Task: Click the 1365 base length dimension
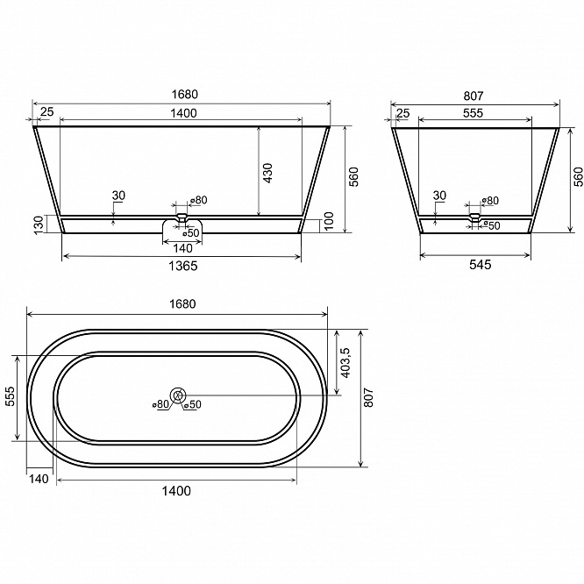coord(183,266)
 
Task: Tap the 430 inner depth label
coord(267,173)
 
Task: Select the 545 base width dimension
coord(480,265)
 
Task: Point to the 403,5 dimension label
coord(345,363)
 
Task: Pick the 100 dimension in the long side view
coord(329,221)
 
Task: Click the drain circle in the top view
coord(178,395)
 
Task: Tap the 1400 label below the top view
coord(176,491)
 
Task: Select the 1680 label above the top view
coord(182,304)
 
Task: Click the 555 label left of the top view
coord(11,396)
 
